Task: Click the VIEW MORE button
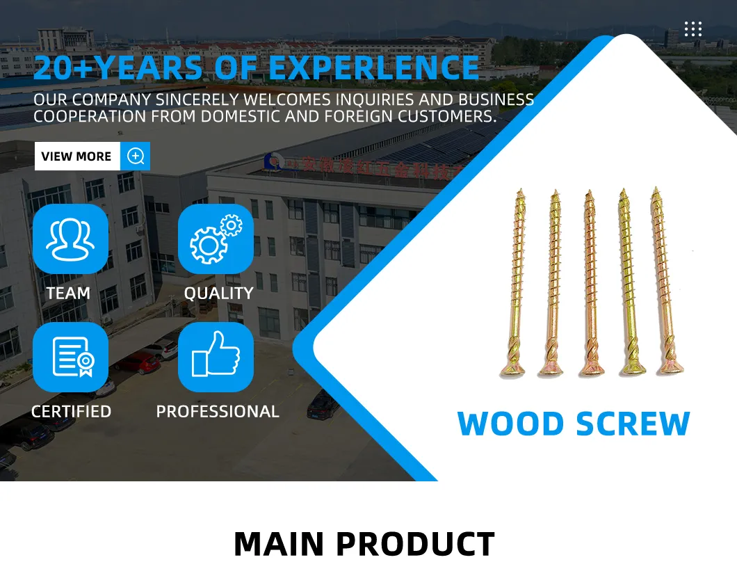coord(76,156)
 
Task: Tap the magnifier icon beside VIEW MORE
coord(136,156)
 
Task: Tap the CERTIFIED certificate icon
coord(70,357)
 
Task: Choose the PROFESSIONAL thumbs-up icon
coord(216,357)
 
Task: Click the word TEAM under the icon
coord(68,294)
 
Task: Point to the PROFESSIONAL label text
coord(218,412)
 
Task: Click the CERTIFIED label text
coord(71,412)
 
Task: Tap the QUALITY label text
coord(218,294)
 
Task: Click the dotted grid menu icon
coord(693,29)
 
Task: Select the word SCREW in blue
coord(632,424)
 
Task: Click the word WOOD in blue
coord(511,424)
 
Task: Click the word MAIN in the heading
coord(278,544)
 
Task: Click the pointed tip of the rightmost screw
coord(655,190)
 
